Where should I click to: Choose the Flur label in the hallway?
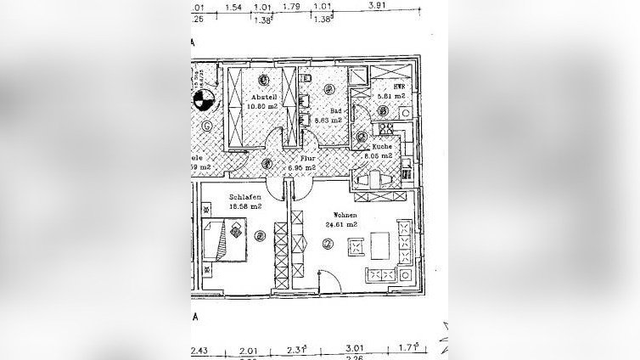click(308, 159)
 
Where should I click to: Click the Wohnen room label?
click(346, 216)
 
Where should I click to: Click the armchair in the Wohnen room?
click(355, 245)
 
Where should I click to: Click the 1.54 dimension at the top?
click(234, 7)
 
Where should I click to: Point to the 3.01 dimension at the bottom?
click(353, 347)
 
